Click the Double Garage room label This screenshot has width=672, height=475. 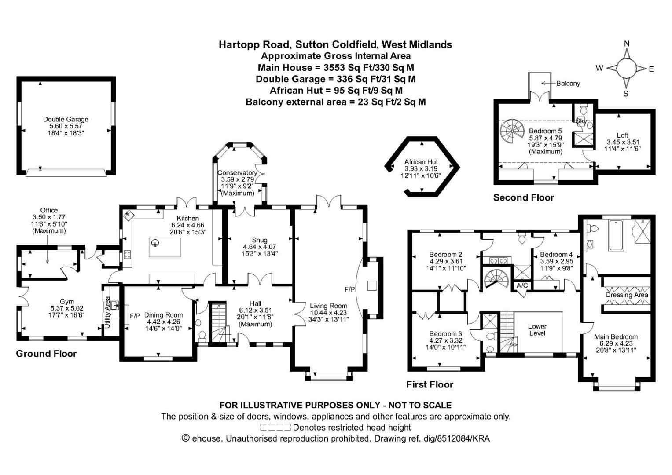click(x=66, y=119)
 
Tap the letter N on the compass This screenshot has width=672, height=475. click(x=627, y=44)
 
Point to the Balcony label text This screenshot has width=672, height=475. click(x=568, y=84)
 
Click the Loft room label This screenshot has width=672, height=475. click(x=622, y=135)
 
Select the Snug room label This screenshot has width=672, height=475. click(x=259, y=240)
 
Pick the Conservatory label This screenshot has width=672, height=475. click(x=237, y=173)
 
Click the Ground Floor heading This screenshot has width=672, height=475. click(x=46, y=354)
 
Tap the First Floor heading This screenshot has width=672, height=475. click(x=429, y=384)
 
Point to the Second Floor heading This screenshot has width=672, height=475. click(x=523, y=197)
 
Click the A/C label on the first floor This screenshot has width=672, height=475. click(x=522, y=285)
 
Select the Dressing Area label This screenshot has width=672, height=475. click(x=627, y=295)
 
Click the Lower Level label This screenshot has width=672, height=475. click(x=537, y=329)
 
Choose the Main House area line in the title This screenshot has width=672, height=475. click(x=335, y=68)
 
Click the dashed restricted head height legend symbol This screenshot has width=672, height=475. click(x=275, y=427)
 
